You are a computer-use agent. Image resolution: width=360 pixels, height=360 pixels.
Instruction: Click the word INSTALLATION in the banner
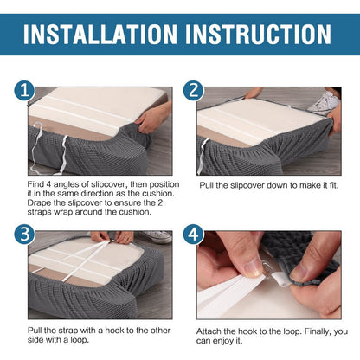click(x=100, y=35)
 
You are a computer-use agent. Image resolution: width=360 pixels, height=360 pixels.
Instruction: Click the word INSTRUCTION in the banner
click(x=258, y=35)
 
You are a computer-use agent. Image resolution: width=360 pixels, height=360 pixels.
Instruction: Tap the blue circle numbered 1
click(x=25, y=90)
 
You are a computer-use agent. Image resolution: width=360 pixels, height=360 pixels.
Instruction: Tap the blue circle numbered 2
click(x=194, y=90)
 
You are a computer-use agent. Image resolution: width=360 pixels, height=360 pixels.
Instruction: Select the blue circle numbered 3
click(x=25, y=234)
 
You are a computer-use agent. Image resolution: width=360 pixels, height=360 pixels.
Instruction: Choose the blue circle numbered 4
click(x=194, y=234)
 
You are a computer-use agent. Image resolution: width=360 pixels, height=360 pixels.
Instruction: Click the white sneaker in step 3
click(x=157, y=237)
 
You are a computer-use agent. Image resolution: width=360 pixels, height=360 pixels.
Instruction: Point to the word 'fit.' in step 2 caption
click(x=334, y=185)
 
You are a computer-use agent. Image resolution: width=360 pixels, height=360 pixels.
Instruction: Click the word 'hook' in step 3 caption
click(x=113, y=331)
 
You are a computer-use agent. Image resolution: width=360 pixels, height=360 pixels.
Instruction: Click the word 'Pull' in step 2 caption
click(x=207, y=185)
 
